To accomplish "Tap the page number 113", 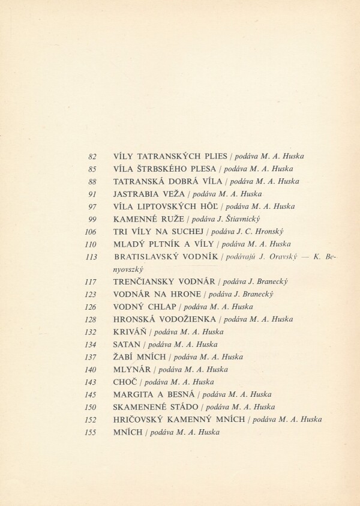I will click(92, 257).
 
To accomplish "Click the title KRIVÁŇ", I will click(129, 331).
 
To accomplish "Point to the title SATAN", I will click(126, 344).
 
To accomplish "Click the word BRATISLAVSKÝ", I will click(149, 257).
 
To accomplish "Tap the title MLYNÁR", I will click(131, 369).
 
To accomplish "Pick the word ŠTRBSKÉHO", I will click(166, 169).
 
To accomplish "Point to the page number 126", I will click(91, 307).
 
